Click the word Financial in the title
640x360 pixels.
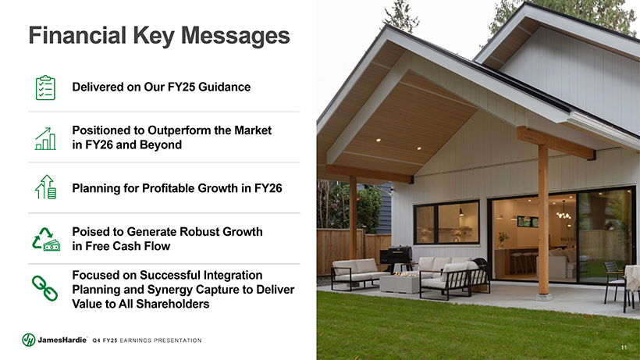click(x=77, y=35)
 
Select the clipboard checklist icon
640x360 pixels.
click(x=45, y=87)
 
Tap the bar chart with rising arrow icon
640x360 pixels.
click(x=45, y=138)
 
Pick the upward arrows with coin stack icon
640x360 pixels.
click(x=46, y=187)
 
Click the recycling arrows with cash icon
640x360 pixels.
click(x=46, y=239)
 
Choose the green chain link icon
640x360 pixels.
click(x=45, y=288)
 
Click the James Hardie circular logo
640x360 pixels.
click(x=29, y=340)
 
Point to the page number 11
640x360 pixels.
click(x=624, y=348)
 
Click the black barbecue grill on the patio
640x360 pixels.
click(x=396, y=256)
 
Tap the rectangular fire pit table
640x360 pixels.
click(x=399, y=283)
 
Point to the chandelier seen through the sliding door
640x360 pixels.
click(x=564, y=212)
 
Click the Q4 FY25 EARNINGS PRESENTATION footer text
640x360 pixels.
click(x=147, y=340)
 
